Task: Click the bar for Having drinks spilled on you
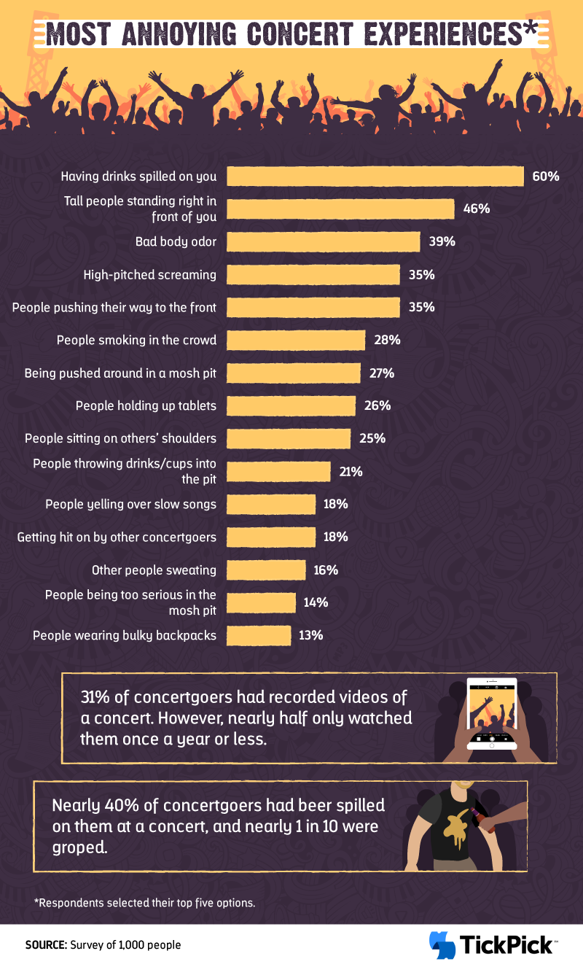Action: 375,176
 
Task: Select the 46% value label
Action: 476,209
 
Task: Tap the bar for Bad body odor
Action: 323,242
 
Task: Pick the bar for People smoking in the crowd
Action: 295,340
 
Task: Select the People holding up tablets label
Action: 146,405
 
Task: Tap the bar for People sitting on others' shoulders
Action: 289,438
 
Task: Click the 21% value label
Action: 350,471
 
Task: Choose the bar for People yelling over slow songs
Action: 271,504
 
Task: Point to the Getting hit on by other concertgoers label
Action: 117,537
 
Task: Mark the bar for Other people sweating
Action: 266,570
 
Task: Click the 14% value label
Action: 316,602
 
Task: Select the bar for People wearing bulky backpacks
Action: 259,635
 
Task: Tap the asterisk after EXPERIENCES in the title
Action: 529,29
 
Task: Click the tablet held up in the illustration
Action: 492,714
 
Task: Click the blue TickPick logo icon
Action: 442,945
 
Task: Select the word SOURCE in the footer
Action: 46,945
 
